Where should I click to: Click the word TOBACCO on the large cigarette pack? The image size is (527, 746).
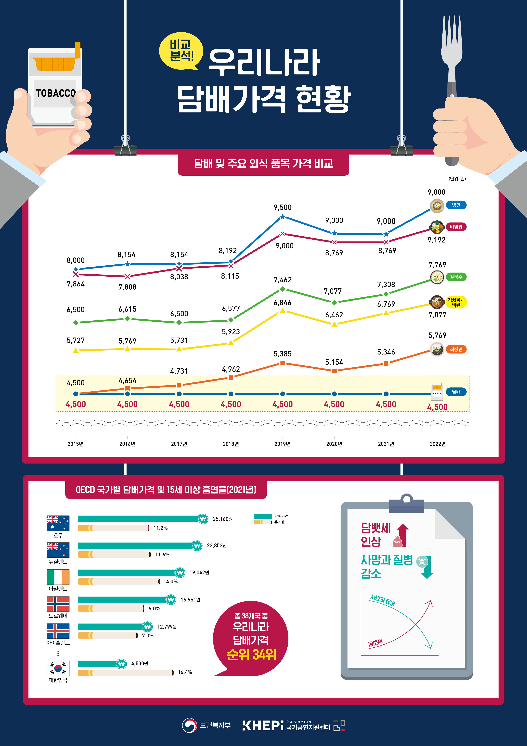(x=55, y=93)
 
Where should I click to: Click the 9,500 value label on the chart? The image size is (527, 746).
(x=283, y=207)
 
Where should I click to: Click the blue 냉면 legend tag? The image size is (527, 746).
(x=456, y=205)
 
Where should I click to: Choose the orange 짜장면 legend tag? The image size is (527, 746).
(x=456, y=349)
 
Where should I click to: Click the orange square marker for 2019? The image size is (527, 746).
(x=283, y=363)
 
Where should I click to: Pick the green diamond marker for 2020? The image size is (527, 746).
(x=334, y=302)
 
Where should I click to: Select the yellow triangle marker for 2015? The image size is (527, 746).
(x=76, y=350)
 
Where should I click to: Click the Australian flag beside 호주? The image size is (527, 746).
(x=58, y=523)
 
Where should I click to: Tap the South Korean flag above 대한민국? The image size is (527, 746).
(x=58, y=668)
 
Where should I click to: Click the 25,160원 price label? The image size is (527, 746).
(x=222, y=519)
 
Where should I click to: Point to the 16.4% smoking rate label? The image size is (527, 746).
(x=185, y=672)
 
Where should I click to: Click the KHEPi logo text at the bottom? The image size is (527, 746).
(x=263, y=726)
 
